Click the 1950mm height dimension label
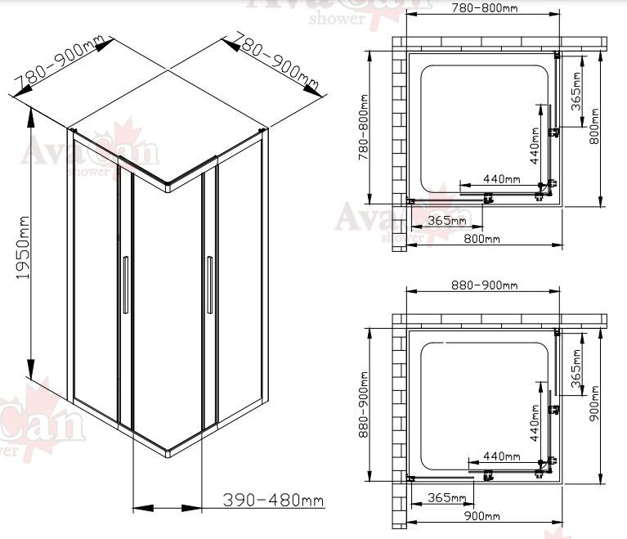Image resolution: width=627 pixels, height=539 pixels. pos(24,248)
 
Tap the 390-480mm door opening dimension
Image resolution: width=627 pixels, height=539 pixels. pos(273,500)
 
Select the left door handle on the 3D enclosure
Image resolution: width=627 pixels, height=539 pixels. pos(126,285)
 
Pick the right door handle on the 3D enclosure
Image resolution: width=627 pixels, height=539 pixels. pos(209,285)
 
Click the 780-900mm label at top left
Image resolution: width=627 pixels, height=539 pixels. pos(59,63)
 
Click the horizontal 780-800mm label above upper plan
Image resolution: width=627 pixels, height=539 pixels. pos(484,7)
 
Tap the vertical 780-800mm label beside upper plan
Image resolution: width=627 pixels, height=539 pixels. pos(363,128)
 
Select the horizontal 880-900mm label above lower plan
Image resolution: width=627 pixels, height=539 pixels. pos(484,285)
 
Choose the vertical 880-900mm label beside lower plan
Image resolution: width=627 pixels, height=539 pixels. pos(363,405)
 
